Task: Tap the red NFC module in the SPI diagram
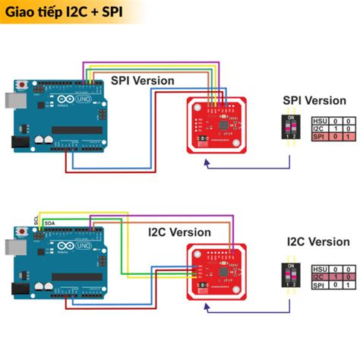coord(216,125)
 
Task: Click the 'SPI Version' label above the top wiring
coord(143,80)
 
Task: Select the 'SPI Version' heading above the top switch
coord(314,99)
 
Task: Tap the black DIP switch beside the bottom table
coord(289,276)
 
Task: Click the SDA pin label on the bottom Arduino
coord(49,223)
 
